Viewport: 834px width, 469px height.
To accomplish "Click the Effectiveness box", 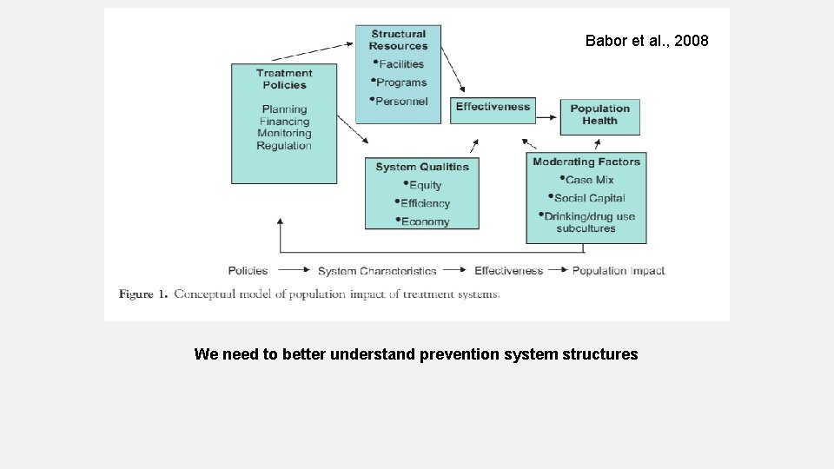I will (493, 107).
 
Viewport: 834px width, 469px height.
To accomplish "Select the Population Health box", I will (599, 115).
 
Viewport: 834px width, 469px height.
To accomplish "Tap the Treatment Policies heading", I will (284, 79).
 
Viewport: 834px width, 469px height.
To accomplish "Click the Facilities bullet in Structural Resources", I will (400, 64).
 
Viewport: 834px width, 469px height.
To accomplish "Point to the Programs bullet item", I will (401, 83).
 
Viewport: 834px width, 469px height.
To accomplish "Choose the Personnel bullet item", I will (401, 102).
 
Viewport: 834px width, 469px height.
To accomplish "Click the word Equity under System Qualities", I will (425, 185).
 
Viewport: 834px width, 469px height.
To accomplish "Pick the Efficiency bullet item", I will (425, 203).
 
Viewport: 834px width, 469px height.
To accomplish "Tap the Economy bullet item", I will (425, 221).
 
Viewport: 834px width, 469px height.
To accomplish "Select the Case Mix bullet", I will (589, 180).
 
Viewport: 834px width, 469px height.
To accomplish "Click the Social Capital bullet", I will (589, 198).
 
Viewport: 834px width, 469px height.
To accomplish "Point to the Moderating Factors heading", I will (586, 162).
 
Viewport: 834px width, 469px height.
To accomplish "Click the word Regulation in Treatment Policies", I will (284, 146).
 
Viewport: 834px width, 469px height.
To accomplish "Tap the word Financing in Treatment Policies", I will (284, 122).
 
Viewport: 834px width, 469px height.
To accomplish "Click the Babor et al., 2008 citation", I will (646, 41).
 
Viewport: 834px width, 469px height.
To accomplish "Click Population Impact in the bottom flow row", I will (618, 271).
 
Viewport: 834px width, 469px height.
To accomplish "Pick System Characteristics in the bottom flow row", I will (377, 271).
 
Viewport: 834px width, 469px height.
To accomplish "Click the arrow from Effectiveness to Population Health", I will (547, 109).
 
